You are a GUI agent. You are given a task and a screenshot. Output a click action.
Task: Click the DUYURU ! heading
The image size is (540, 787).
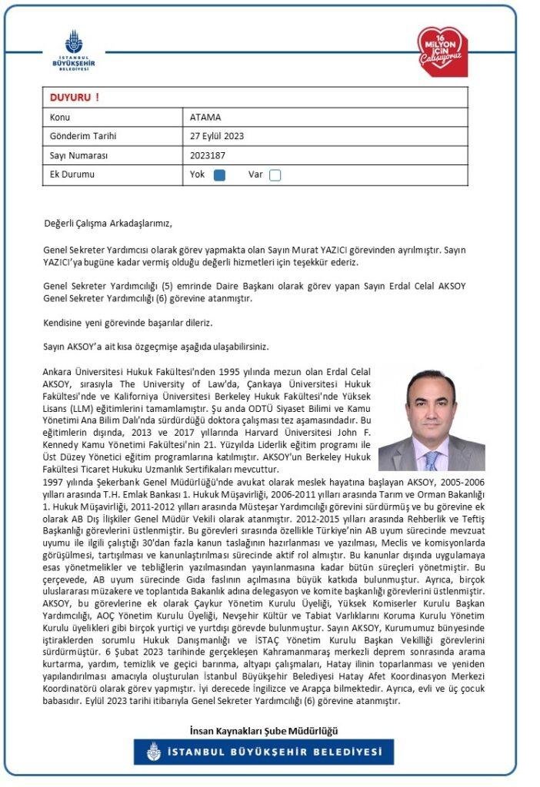(74, 98)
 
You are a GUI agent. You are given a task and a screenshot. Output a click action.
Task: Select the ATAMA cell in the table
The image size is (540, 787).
(205, 118)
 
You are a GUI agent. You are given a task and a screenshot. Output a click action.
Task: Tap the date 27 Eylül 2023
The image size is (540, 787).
(217, 136)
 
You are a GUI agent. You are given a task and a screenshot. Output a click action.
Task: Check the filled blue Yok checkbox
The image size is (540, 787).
(219, 174)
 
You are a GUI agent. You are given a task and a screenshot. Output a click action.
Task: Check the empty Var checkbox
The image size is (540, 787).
(275, 174)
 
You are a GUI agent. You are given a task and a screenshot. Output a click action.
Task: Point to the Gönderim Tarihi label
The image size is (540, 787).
(82, 136)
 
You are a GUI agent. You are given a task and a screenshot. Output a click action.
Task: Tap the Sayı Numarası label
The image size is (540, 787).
(78, 155)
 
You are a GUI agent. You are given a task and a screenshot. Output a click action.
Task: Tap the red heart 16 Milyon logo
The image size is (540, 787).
(442, 51)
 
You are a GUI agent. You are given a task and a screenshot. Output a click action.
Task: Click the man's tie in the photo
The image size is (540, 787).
(432, 460)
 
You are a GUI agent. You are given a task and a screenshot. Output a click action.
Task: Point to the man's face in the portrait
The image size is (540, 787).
(431, 409)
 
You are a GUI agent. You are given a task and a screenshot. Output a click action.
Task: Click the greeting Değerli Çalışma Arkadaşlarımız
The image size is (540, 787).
(108, 224)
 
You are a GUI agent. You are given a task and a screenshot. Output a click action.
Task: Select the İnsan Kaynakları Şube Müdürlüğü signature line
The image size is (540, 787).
(263, 730)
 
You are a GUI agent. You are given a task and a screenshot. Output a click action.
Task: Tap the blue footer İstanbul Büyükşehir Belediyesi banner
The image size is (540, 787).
(263, 752)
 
